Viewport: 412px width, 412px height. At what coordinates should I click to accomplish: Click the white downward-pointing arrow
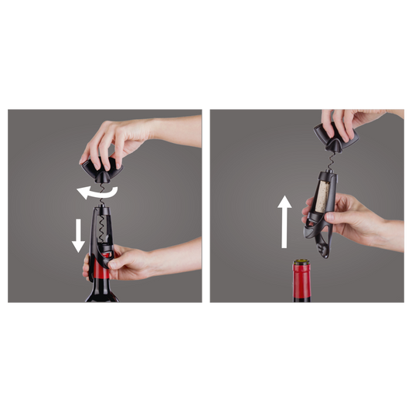point(78,234)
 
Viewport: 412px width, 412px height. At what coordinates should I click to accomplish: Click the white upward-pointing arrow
point(284,221)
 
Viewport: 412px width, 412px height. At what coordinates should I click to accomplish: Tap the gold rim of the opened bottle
point(300,264)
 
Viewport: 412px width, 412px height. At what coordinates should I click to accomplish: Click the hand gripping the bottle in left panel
point(128,263)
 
